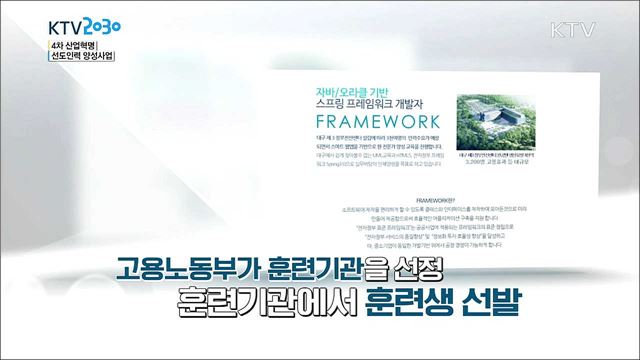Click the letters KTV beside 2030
click(37, 24)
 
